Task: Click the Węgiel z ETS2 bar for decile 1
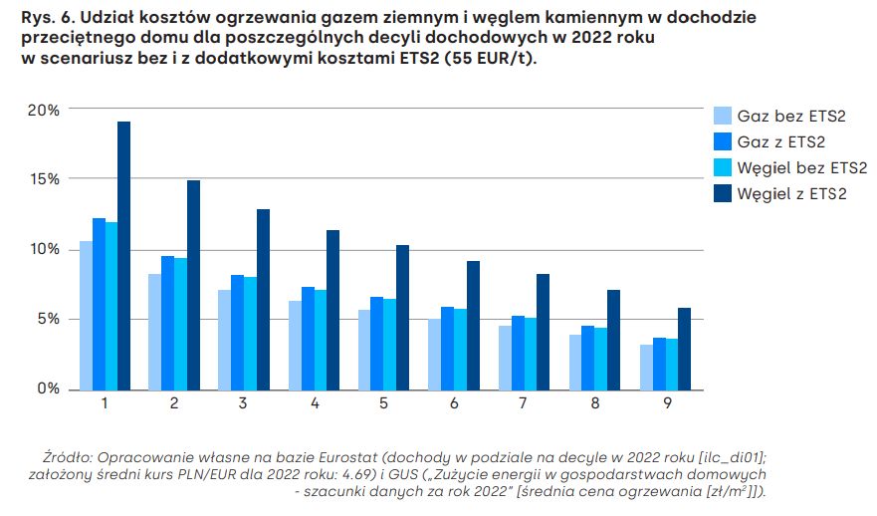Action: pos(123,255)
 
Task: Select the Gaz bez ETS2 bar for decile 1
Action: pos(86,315)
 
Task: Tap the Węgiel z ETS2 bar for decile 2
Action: pos(193,284)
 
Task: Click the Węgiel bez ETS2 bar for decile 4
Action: pos(321,339)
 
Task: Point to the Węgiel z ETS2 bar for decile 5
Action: pos(403,317)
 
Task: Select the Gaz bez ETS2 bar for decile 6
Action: pos(435,354)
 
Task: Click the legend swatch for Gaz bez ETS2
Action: pos(723,117)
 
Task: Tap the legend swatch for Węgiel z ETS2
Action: pos(723,193)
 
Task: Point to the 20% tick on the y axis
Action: pos(45,110)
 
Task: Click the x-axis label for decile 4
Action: pos(315,403)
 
